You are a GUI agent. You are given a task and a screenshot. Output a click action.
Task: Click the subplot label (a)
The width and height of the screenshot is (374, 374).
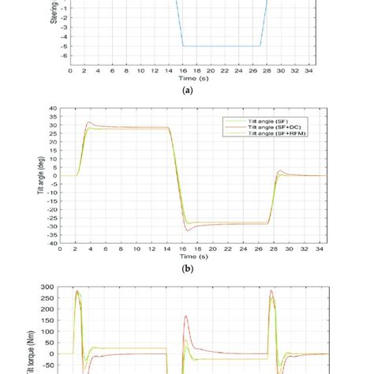[187, 91]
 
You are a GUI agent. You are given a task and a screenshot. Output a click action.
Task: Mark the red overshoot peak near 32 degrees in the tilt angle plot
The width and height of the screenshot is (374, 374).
[89, 122]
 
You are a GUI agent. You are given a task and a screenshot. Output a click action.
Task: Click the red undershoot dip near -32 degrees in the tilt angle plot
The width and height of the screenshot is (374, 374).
[188, 230]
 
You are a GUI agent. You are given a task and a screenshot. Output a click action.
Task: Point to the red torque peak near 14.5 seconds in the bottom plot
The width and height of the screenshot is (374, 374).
[185, 316]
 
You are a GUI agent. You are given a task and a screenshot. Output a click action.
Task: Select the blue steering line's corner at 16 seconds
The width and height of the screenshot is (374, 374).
[184, 46]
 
